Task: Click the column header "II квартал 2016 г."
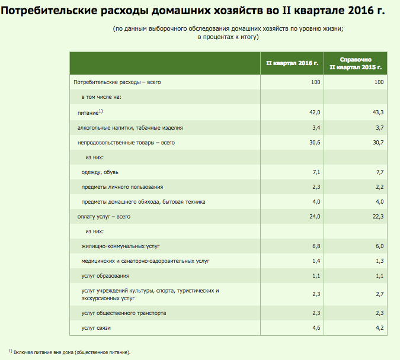click(x=293, y=62)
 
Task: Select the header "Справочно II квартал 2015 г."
click(x=356, y=63)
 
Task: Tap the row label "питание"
click(x=88, y=112)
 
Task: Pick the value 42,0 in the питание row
click(x=315, y=112)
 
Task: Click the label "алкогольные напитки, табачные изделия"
click(x=130, y=127)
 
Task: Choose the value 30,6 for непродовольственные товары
click(x=315, y=143)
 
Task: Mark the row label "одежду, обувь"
click(x=100, y=172)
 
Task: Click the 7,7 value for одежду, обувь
click(x=380, y=172)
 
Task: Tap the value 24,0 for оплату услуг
click(x=315, y=217)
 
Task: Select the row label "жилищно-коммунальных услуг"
click(x=121, y=246)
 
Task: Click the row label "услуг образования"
click(x=105, y=276)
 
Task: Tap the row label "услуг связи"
click(x=96, y=327)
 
